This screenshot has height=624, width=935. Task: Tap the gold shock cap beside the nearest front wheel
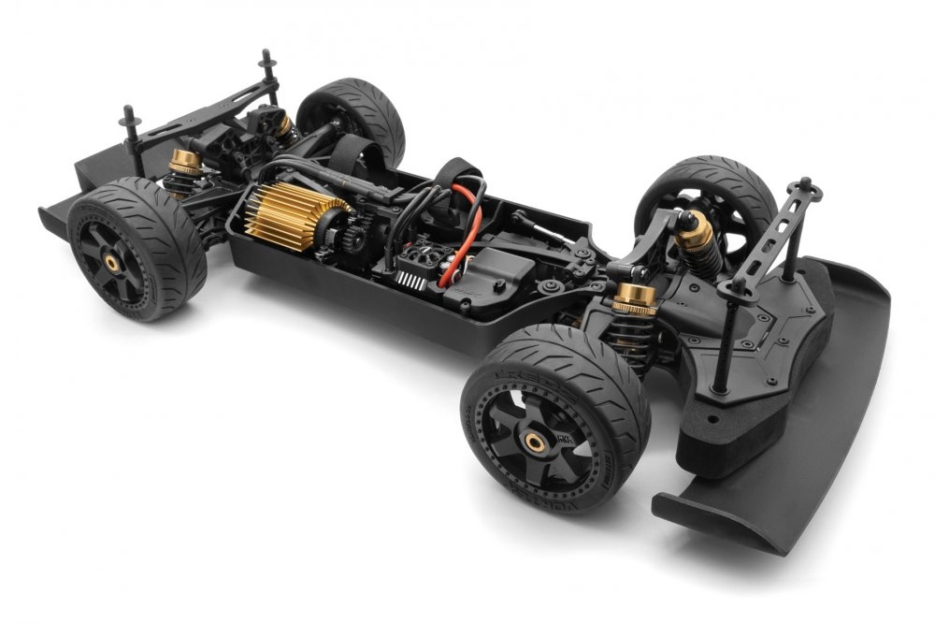pyautogui.click(x=636, y=301)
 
